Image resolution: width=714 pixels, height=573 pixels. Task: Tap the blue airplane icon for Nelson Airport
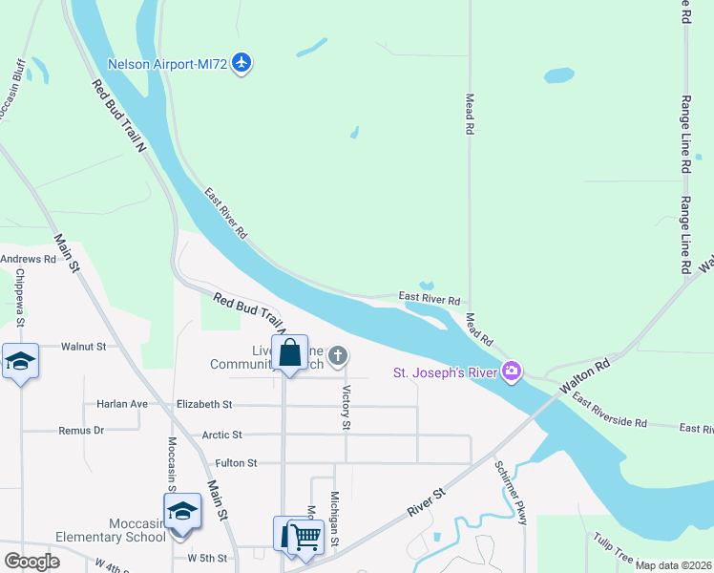point(242,63)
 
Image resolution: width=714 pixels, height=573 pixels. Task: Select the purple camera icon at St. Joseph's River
point(513,371)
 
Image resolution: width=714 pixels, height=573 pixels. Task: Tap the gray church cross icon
point(337,357)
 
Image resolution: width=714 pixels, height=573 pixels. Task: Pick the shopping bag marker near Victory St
point(289,354)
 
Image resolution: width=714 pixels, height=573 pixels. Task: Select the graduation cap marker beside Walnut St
point(20,363)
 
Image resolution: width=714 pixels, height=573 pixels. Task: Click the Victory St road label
point(346,407)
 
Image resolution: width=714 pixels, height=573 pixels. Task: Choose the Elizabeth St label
point(203,405)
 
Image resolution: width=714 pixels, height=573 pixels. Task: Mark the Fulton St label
point(236,463)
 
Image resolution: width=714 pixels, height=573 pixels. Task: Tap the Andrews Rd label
point(29,259)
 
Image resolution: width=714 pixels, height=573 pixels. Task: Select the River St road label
point(427,503)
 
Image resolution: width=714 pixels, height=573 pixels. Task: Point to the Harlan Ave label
point(122,404)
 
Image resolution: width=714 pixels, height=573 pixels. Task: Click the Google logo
point(31,562)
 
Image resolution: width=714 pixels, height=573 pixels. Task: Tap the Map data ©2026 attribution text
point(673,565)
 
